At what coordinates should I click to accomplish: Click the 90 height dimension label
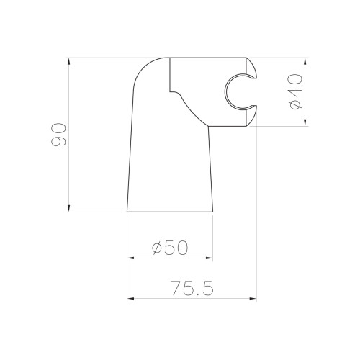(x=58, y=135)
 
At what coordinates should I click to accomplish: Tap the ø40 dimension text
(x=295, y=91)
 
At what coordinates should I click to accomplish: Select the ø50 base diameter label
(x=170, y=248)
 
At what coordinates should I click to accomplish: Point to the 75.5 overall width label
(x=192, y=288)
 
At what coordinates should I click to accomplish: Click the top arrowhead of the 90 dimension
(x=69, y=61)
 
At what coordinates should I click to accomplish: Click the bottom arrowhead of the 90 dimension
(x=69, y=209)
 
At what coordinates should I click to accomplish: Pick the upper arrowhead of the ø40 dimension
(x=305, y=61)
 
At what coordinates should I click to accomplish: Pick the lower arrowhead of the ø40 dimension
(x=305, y=123)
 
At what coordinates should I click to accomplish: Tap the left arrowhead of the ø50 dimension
(x=130, y=258)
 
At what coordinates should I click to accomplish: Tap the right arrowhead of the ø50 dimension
(x=210, y=258)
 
